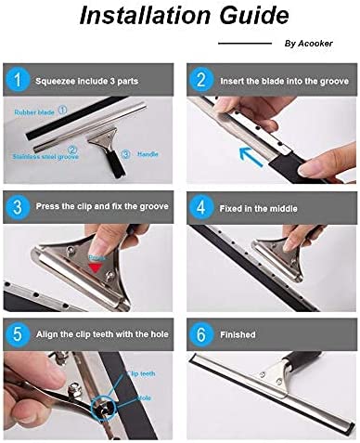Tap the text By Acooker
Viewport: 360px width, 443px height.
point(305,43)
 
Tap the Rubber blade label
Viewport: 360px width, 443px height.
point(35,111)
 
